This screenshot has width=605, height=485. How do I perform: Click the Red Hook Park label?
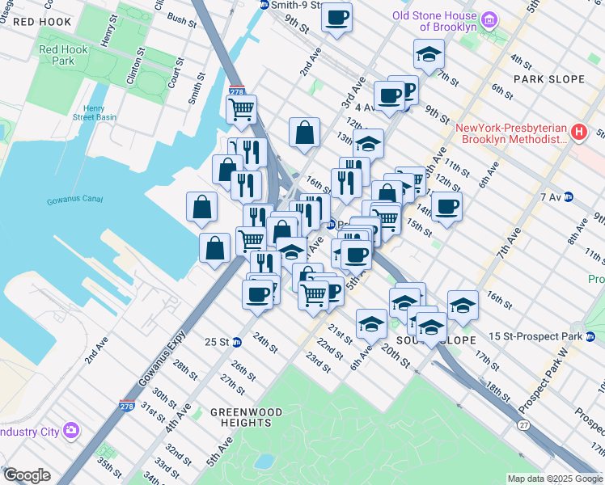tap(57, 55)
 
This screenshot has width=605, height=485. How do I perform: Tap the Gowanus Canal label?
tap(71, 200)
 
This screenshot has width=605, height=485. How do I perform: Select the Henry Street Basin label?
tap(96, 112)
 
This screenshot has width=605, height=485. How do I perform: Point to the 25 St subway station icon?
tap(237, 341)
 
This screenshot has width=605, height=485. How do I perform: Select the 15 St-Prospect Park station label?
tap(540, 335)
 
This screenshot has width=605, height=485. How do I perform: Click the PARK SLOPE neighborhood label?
tap(548, 79)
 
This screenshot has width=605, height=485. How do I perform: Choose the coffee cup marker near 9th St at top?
tap(336, 16)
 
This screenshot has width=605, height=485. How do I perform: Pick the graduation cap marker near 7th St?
tap(429, 54)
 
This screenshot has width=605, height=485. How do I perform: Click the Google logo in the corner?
tap(26, 475)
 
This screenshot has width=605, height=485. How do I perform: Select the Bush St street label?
tap(181, 19)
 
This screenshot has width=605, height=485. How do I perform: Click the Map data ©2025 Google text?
tap(554, 479)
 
